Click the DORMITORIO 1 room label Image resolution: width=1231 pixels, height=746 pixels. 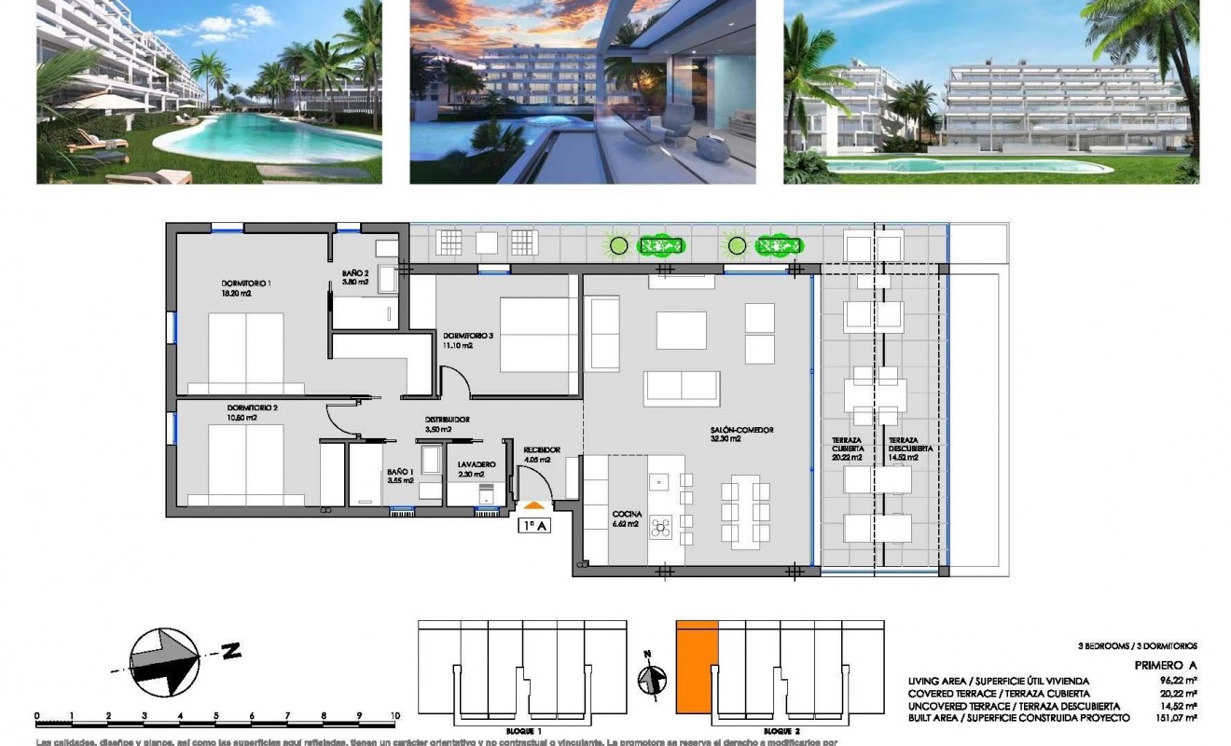point(246,283)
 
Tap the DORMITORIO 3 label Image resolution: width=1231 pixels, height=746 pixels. point(468,336)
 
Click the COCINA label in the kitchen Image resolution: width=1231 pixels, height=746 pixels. point(625,514)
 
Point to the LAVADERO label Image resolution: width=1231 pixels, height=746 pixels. point(476,464)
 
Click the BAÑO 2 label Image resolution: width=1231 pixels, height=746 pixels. point(355,272)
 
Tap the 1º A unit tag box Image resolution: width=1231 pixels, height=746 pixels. point(534,525)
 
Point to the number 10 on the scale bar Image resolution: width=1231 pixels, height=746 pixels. point(395,715)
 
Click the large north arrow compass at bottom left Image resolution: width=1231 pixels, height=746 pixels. point(164,660)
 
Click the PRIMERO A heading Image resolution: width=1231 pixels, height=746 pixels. point(1165,665)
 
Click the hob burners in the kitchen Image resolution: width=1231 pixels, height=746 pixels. point(660,528)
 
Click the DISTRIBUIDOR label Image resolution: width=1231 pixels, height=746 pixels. point(447,420)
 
